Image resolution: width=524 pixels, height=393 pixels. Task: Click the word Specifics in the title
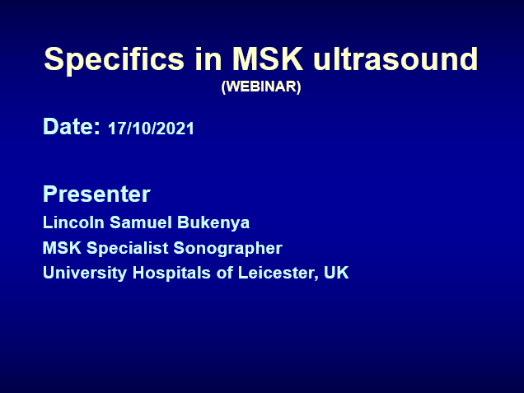pos(114,60)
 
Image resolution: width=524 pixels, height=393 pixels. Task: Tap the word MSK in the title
pos(267,58)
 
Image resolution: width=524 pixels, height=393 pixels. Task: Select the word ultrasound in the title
pos(395,58)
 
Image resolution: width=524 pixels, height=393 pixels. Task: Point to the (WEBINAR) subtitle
pos(261,87)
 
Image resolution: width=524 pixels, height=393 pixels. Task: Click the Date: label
pos(72,126)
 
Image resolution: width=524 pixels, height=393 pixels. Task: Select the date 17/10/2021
pos(151,129)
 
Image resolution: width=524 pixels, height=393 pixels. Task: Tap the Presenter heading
pos(96,194)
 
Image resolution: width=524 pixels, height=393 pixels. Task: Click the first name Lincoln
pos(73,222)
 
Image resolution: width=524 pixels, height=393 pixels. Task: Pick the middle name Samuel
pos(141,222)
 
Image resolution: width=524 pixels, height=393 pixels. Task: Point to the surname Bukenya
pos(213,223)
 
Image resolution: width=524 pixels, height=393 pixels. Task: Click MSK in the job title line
pos(62,248)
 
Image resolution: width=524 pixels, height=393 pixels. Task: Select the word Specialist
pos(128,249)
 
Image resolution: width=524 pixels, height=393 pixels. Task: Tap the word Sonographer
pos(228,249)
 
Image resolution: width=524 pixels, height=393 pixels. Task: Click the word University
pos(85,274)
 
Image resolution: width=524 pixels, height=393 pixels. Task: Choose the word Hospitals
pos(171,274)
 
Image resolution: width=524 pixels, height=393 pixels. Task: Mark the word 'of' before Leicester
pos(225,273)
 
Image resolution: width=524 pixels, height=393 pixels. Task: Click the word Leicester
pos(278,273)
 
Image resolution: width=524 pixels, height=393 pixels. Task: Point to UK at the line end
pos(336,273)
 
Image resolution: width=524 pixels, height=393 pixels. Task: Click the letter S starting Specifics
pos(54,58)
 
